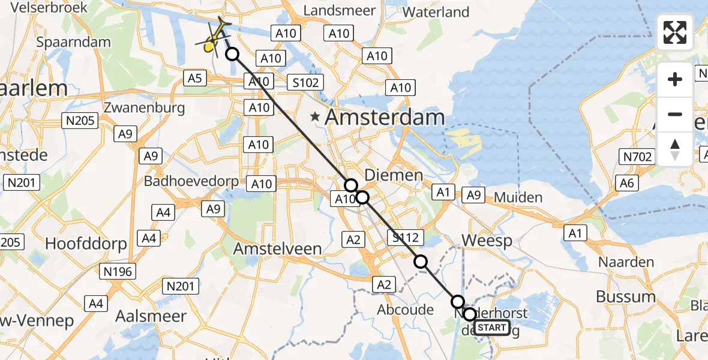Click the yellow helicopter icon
[214, 37]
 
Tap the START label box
[492, 328]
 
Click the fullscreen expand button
[675, 32]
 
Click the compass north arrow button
[675, 149]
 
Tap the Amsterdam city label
[385, 118]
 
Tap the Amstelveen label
[277, 249]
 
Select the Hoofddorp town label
[86, 244]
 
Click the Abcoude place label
[405, 310]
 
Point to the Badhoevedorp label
[191, 181]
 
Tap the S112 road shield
[406, 237]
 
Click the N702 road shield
[636, 158]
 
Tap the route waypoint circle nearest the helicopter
[232, 55]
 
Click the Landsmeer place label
[340, 10]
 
